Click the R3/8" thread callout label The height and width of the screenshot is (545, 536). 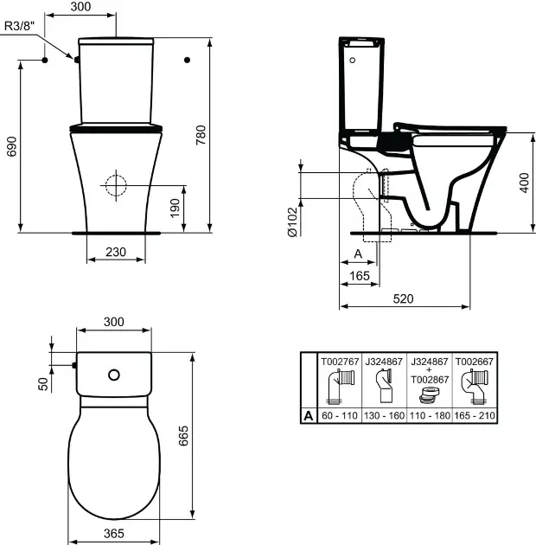(20, 26)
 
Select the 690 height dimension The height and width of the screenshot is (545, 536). (11, 146)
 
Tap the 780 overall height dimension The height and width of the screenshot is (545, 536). (201, 135)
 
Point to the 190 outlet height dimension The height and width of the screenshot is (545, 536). (175, 208)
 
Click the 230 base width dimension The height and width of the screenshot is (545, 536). (116, 252)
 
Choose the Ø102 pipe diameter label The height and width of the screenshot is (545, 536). (293, 221)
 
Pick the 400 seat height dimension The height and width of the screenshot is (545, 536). (524, 183)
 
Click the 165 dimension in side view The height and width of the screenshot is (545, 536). (360, 276)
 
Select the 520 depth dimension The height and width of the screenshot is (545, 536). (404, 298)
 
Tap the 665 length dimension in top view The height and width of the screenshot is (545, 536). (183, 435)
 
